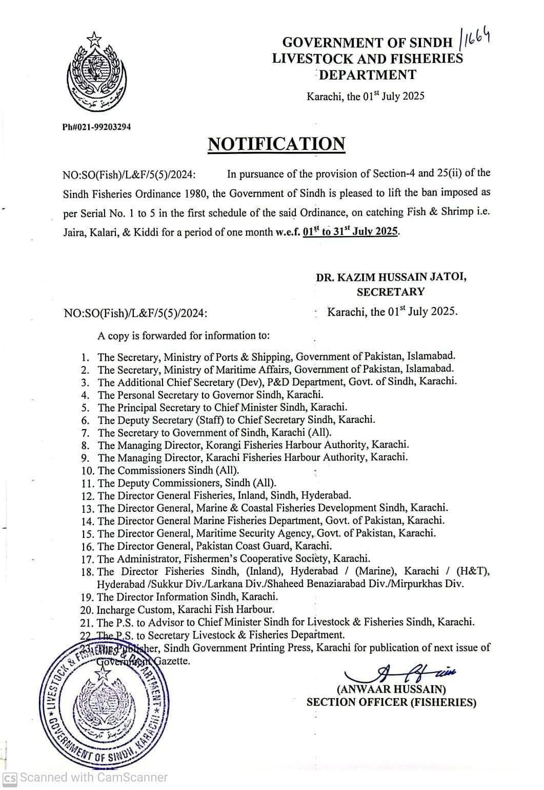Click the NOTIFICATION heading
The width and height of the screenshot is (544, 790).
(276, 144)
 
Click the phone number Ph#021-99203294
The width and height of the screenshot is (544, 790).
(96, 126)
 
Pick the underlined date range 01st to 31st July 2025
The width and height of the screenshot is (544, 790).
(351, 232)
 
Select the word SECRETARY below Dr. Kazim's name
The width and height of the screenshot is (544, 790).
(391, 292)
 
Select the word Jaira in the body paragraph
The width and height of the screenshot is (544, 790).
(74, 232)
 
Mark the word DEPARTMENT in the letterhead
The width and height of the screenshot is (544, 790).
(368, 75)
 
